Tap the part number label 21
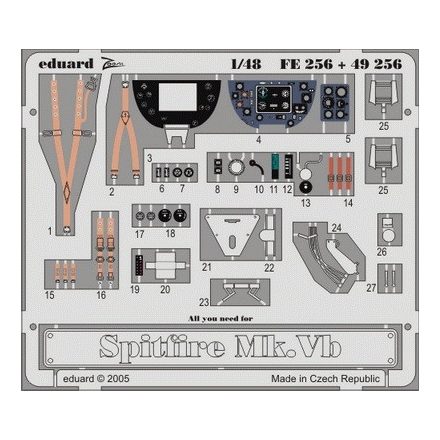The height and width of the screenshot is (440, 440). [x=207, y=268]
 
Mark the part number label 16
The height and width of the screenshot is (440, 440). [x=100, y=295]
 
